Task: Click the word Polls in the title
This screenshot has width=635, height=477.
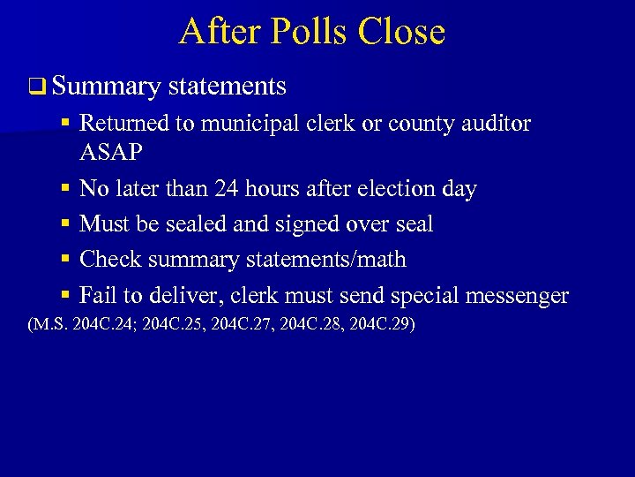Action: pyautogui.click(x=296, y=32)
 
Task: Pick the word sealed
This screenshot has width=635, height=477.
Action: pyautogui.click(x=188, y=223)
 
